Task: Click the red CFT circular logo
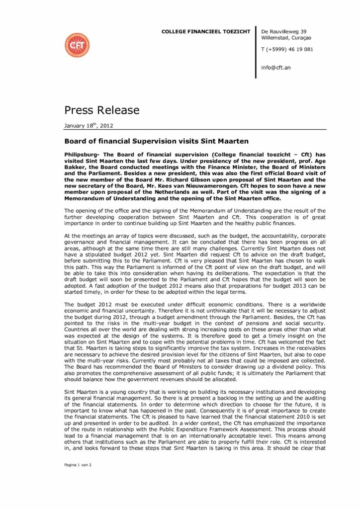77,45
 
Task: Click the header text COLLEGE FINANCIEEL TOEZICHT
205,32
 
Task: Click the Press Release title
102,109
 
